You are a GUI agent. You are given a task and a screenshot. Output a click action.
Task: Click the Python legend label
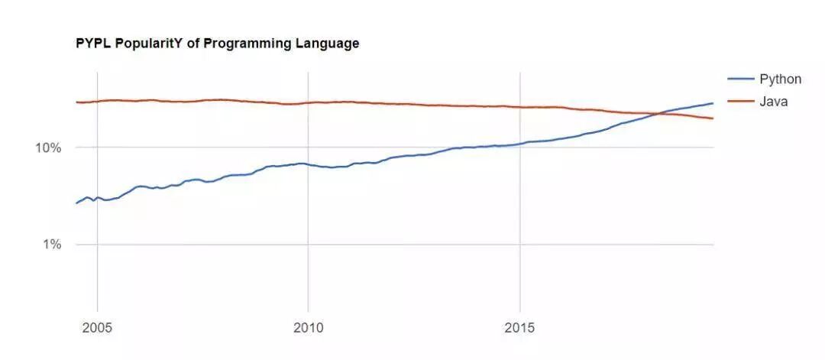(780, 79)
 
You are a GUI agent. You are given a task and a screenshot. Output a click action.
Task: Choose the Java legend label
(773, 102)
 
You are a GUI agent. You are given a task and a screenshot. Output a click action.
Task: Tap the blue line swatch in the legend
(741, 79)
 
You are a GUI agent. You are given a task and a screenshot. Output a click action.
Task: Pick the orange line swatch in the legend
(741, 102)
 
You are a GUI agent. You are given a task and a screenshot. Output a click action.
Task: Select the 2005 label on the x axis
(97, 329)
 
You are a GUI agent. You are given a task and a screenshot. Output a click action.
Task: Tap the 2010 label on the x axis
(309, 329)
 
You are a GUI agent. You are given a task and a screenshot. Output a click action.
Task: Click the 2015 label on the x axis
(520, 329)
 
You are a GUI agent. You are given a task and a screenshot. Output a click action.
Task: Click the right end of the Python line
(713, 103)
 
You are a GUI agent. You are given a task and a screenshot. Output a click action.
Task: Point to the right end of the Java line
(713, 118)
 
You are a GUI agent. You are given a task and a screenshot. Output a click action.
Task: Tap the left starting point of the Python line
(76, 203)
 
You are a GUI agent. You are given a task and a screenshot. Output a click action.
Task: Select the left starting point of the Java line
(76, 102)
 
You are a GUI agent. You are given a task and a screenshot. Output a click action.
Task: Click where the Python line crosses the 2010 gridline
(309, 164)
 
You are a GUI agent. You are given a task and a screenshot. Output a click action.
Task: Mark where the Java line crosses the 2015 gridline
(520, 107)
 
